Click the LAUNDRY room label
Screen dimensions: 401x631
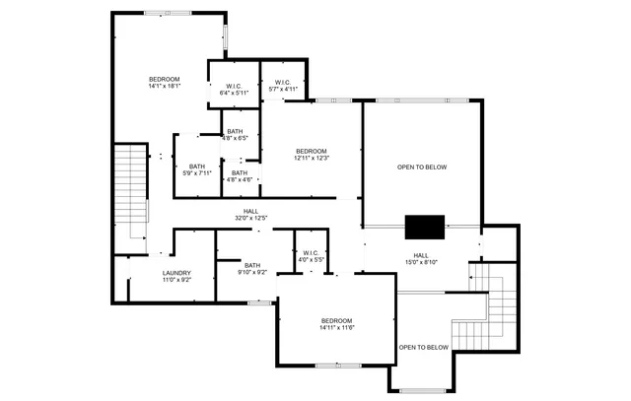[177, 273]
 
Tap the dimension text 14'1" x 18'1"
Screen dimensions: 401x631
[164, 87]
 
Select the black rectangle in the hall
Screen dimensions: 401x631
[425, 226]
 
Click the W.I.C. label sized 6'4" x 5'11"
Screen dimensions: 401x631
[234, 86]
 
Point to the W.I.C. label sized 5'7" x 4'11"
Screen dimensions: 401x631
[283, 82]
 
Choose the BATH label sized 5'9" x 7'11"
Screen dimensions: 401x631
[197, 166]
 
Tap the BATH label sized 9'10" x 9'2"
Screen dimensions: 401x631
[252, 264]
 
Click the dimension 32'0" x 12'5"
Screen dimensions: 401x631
[251, 218]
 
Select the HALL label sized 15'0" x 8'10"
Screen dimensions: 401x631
[421, 255]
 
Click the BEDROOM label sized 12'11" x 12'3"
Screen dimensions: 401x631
[311, 151]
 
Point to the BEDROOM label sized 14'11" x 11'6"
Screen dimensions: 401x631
[336, 321]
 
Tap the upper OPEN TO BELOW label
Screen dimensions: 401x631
[422, 167]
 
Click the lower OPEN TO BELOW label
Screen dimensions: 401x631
[424, 347]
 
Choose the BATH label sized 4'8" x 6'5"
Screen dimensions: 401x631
[235, 131]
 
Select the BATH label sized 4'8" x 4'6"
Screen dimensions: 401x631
[240, 172]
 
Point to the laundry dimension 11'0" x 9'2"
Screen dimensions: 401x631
[177, 281]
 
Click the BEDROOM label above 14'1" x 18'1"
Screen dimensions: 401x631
[164, 79]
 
